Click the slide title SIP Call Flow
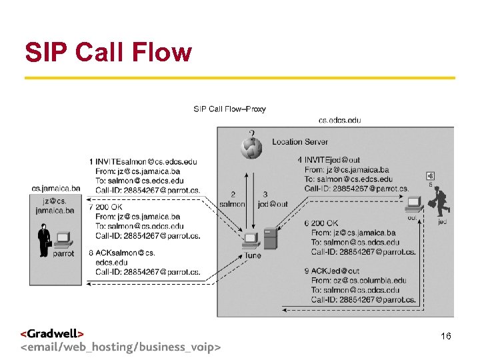108,51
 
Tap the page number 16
446,337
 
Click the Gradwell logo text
53,333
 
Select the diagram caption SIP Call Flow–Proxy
229,109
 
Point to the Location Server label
300,142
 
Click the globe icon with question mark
251,145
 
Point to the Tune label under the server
253,255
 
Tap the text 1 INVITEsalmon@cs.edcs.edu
143,162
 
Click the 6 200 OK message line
322,223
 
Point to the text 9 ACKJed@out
332,271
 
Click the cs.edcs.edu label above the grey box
340,120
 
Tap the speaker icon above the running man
431,176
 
